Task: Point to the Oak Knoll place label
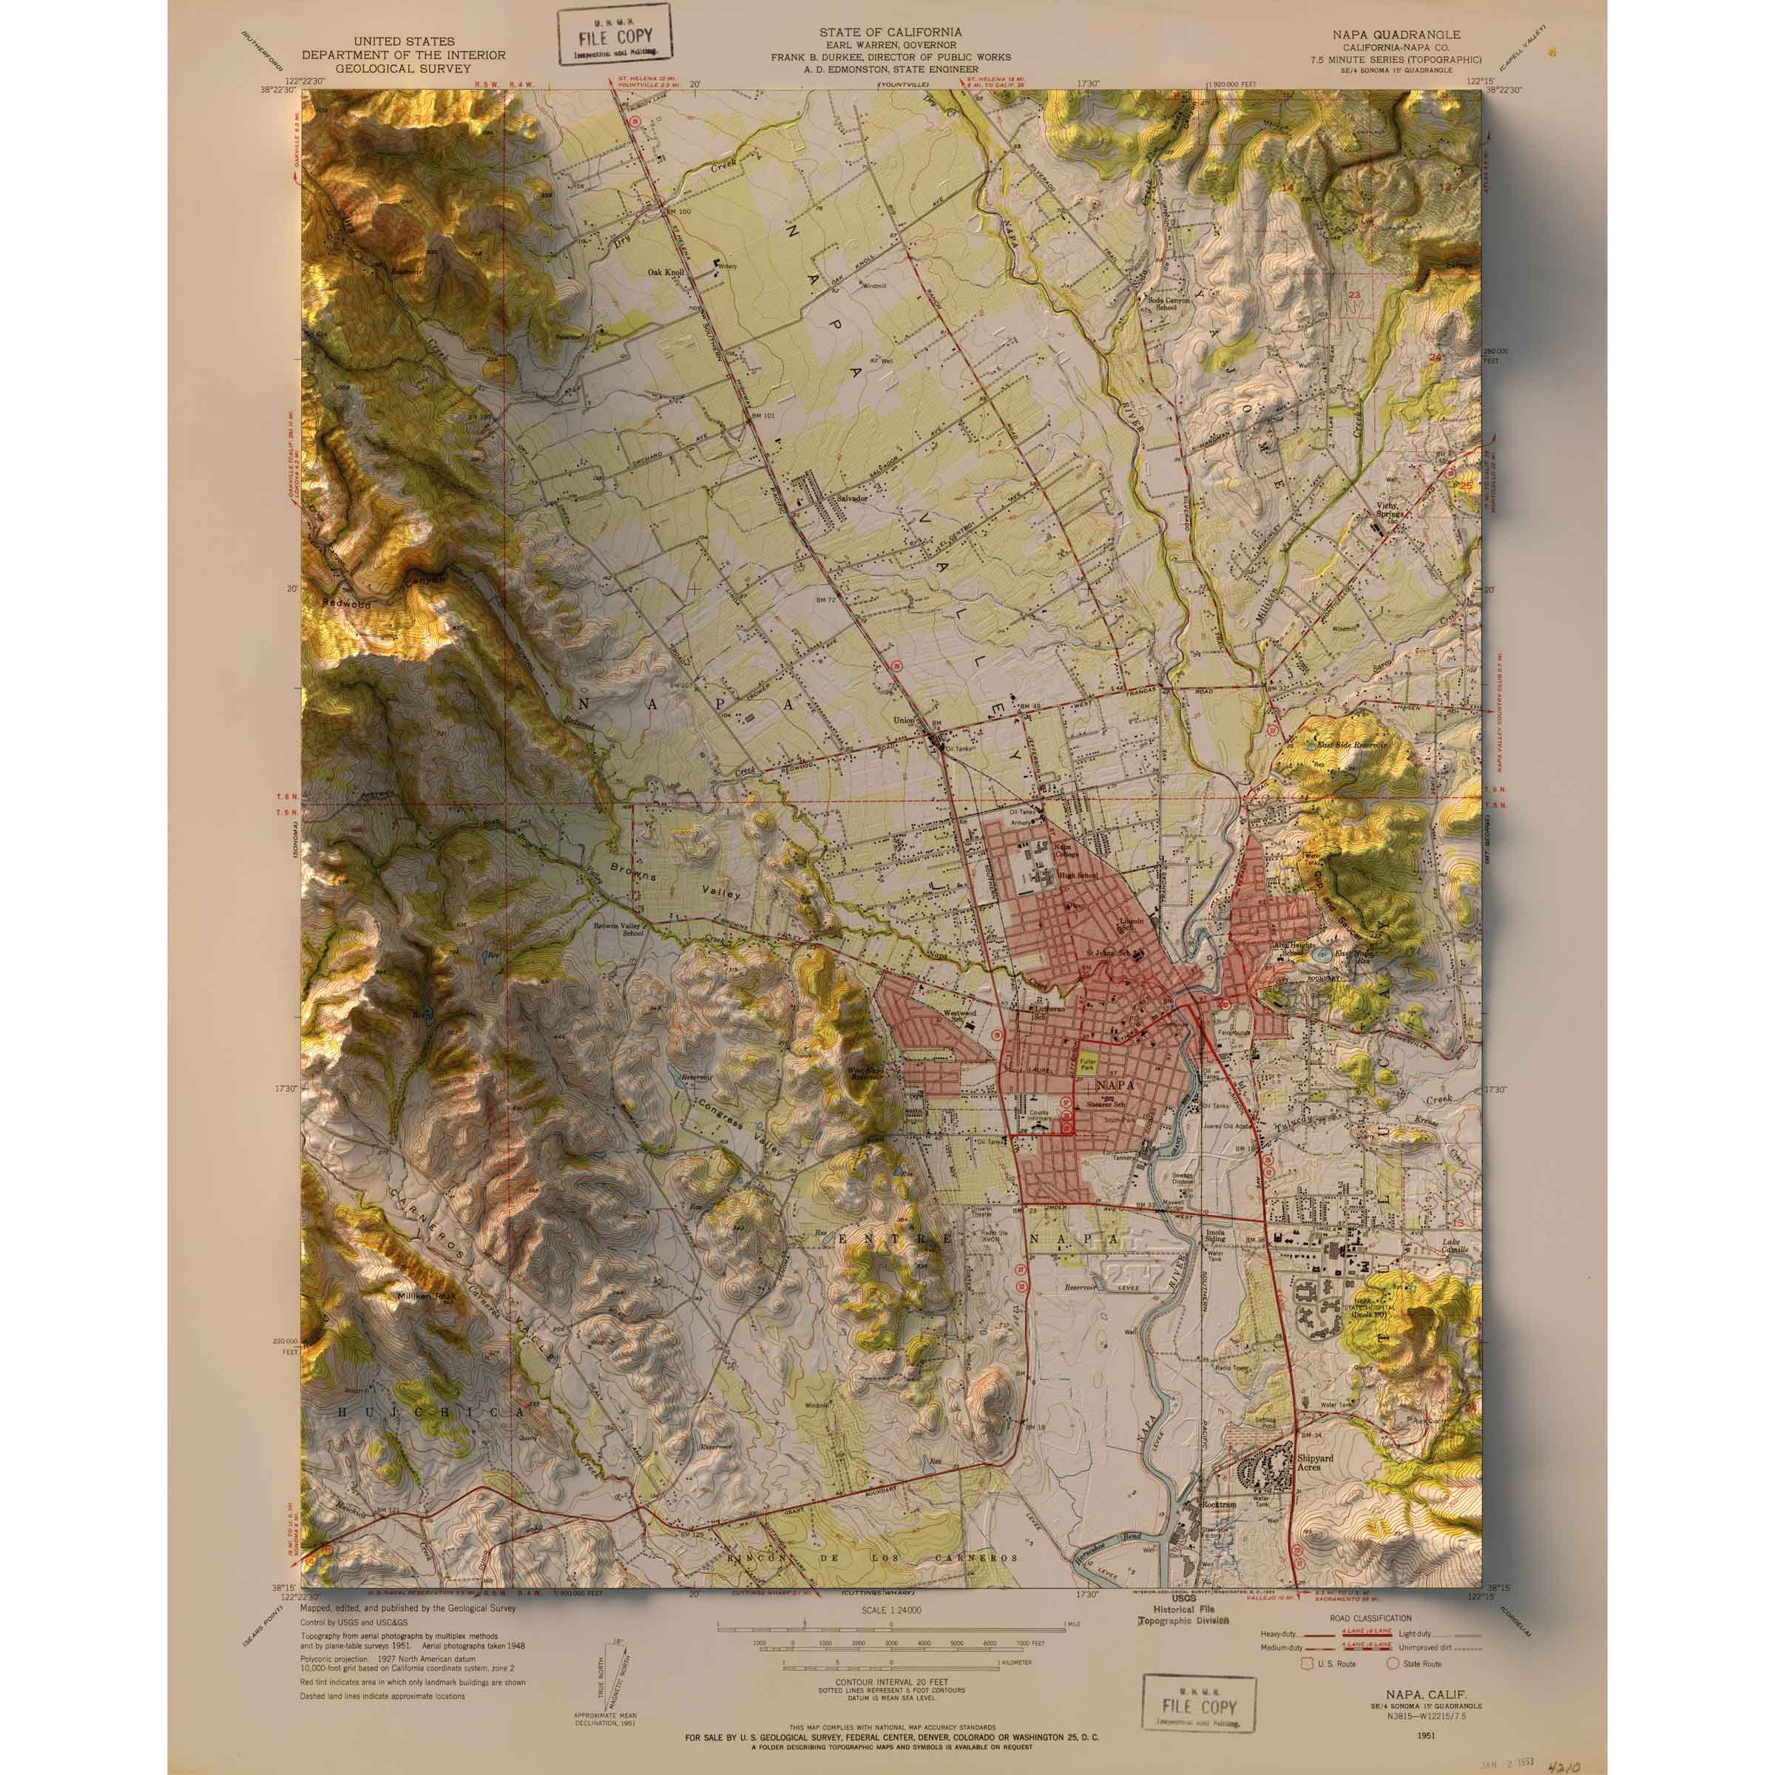(x=667, y=272)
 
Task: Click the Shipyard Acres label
(x=1320, y=1463)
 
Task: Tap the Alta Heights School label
(x=1289, y=948)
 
